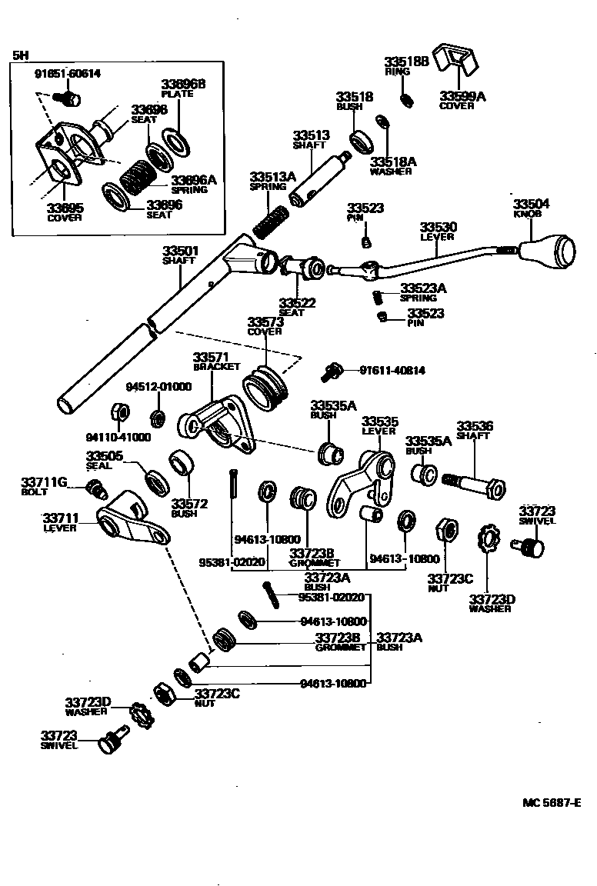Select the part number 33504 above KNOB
pos(532,204)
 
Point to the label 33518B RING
pos(406,65)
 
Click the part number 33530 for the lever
pos(438,228)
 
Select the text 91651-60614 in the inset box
pos(68,74)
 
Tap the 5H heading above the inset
pos(19,55)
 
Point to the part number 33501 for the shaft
pos(180,251)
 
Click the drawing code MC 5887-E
pos(552,802)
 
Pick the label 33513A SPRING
pos(272,181)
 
